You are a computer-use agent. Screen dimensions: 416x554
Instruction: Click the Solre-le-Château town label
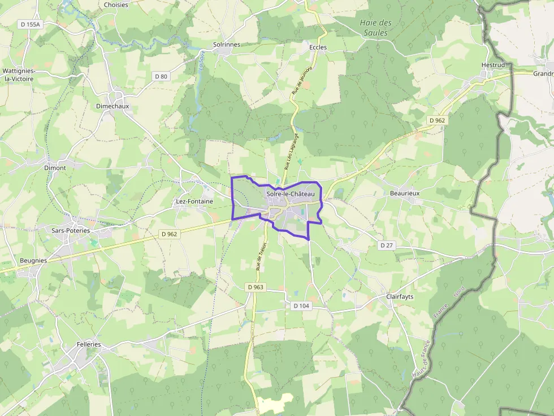290,194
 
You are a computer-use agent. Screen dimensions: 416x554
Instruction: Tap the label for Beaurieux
405,193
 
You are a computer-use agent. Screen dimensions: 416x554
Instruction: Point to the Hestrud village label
492,65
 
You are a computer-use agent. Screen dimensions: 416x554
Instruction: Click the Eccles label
318,47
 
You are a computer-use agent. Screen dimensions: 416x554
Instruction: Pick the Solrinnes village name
227,44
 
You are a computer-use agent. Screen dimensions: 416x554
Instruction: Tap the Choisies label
116,5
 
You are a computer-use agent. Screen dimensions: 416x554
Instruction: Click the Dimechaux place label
112,106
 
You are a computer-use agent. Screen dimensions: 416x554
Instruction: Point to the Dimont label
55,168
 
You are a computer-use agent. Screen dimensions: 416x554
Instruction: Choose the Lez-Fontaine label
194,201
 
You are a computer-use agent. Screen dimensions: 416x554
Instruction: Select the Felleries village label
89,344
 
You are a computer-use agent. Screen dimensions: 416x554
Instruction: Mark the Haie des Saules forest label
375,28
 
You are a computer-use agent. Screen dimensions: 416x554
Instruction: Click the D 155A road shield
31,24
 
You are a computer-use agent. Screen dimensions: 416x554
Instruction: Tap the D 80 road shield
161,76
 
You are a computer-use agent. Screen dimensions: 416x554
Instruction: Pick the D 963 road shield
256,287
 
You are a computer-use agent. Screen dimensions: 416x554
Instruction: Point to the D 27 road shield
387,245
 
